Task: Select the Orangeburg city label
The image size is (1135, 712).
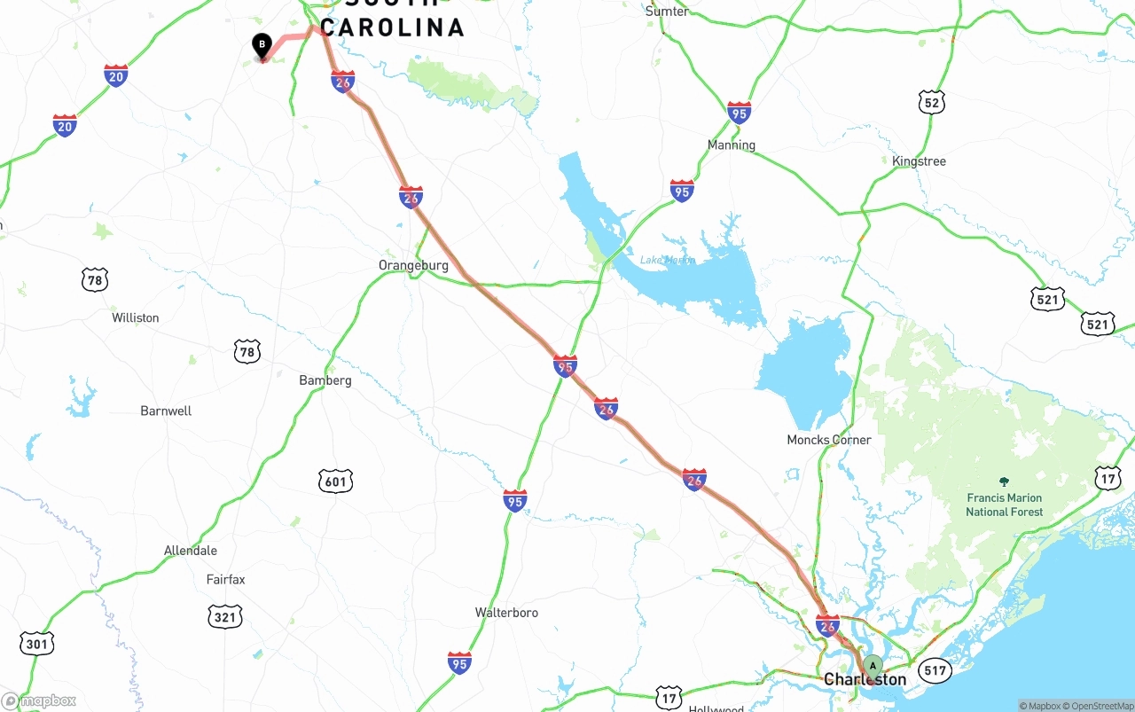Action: (x=413, y=265)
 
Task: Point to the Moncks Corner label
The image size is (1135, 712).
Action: (x=829, y=440)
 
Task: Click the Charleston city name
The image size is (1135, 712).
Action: (x=865, y=680)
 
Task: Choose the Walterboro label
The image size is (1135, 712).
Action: (x=506, y=613)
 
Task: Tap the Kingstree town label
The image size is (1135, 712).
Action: (x=920, y=161)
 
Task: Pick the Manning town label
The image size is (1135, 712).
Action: (x=732, y=145)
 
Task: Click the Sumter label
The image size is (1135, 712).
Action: (x=667, y=12)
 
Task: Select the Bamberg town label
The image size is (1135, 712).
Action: (x=325, y=380)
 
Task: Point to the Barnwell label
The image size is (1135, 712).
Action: (x=166, y=411)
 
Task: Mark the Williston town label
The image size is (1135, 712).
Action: (x=136, y=317)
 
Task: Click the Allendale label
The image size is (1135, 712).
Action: (x=191, y=551)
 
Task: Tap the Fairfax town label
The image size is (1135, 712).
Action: (x=225, y=580)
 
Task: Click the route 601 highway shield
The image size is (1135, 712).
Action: (x=335, y=481)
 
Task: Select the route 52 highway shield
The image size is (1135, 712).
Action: (x=931, y=102)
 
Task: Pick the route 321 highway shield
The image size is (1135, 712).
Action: (x=225, y=616)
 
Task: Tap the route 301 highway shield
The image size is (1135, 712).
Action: (x=36, y=643)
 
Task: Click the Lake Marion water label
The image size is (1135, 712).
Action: (x=667, y=260)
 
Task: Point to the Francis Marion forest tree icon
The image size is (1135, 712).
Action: (x=1004, y=481)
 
